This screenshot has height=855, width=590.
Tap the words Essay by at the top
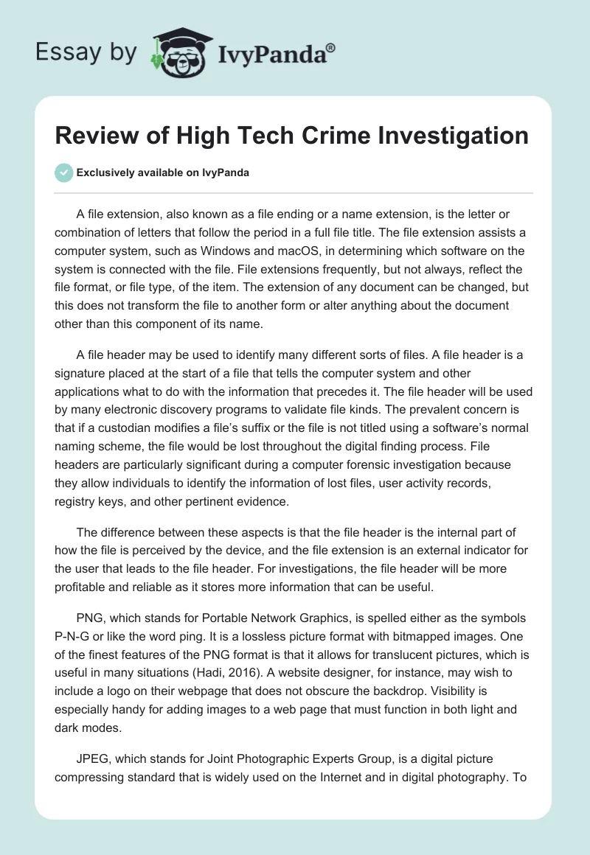[87, 52]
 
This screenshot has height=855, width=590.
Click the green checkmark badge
[63, 172]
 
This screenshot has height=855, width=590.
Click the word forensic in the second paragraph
[344, 466]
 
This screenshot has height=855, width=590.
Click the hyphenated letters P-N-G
[76, 635]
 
